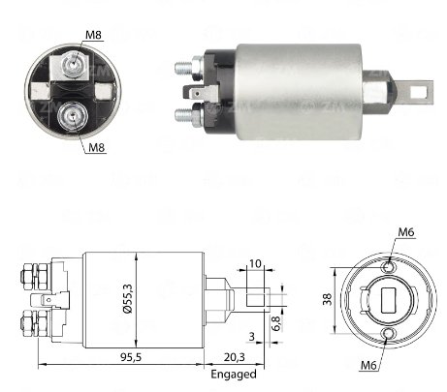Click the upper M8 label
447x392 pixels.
93,35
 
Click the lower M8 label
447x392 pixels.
97,147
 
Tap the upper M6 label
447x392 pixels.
406,232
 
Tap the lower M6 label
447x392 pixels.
368,365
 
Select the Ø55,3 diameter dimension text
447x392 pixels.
128,299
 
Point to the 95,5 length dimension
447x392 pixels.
131,357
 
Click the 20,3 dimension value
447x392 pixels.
235,357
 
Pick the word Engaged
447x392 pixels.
234,375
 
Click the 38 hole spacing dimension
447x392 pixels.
328,299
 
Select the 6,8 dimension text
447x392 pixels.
275,323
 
